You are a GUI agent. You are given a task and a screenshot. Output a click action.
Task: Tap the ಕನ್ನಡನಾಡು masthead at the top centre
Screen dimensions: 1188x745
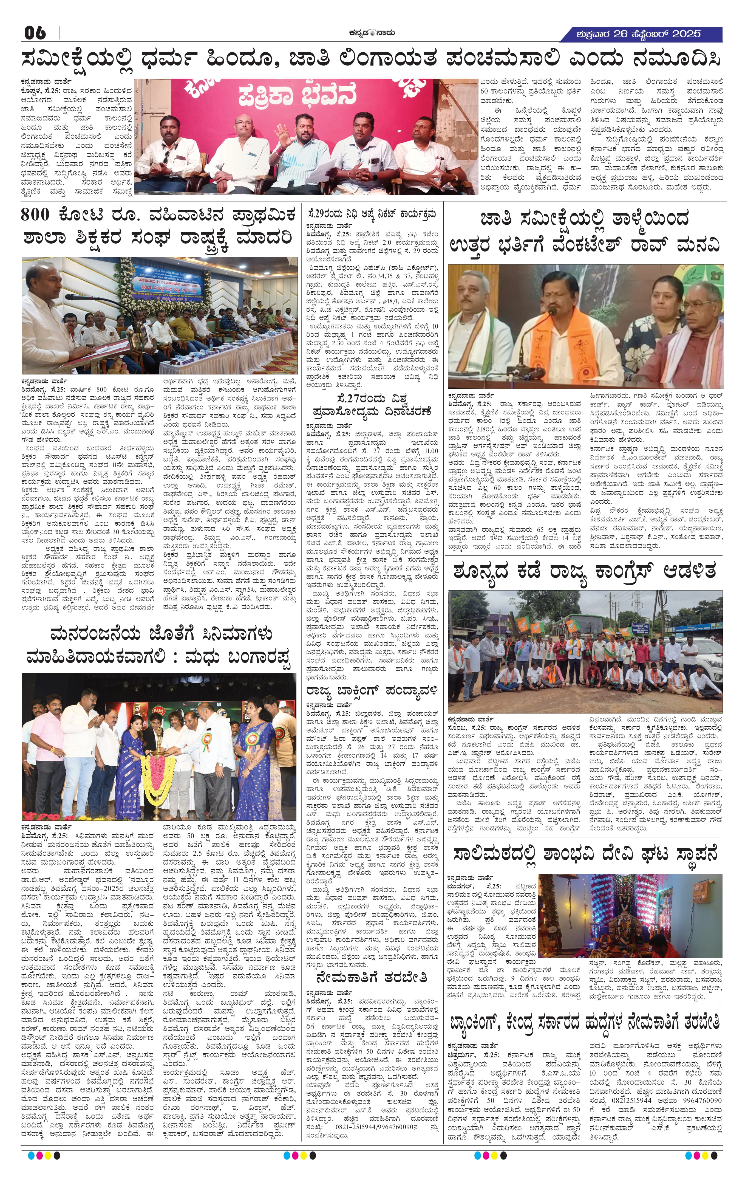(372, 33)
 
